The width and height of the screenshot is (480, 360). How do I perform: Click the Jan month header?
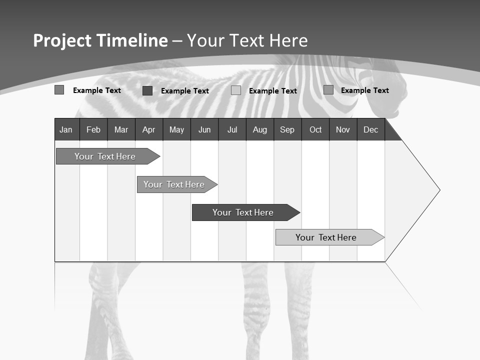[x=66, y=130]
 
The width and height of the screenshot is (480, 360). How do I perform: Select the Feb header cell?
[x=93, y=130]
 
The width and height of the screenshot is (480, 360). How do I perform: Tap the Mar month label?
[x=121, y=130]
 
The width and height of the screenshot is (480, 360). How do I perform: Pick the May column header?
[x=176, y=130]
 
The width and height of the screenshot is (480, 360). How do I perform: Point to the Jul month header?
[x=232, y=130]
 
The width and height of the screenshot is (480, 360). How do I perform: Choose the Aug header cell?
[x=260, y=130]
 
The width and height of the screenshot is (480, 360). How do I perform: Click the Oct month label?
[x=315, y=130]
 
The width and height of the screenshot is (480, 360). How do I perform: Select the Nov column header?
[x=343, y=130]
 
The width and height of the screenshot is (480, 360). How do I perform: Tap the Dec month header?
[x=370, y=130]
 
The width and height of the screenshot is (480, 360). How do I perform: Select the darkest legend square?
[x=147, y=90]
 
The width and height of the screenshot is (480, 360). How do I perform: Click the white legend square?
[x=236, y=90]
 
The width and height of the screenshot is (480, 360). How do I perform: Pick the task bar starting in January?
[x=105, y=156]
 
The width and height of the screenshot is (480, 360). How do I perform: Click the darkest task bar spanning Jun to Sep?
[x=243, y=212]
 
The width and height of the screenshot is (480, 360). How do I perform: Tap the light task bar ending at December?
[x=326, y=237]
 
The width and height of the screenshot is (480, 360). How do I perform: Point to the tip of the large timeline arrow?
[x=439, y=190]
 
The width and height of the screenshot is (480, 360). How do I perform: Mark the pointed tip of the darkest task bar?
[x=299, y=212]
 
